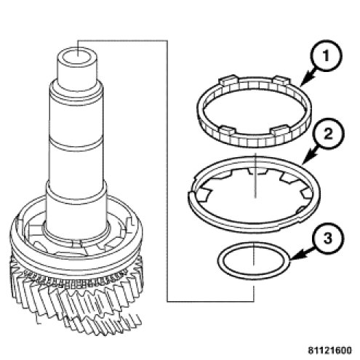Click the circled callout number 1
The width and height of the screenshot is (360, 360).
(326, 56)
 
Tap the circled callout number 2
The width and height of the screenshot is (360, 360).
(327, 134)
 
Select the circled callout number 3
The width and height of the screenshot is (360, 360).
(327, 238)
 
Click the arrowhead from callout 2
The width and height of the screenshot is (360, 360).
(307, 159)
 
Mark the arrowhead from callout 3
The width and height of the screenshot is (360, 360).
(294, 257)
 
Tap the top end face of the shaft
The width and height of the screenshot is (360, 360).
(77, 56)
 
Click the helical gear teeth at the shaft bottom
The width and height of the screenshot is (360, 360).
(76, 300)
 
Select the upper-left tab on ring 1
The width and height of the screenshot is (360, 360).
(228, 80)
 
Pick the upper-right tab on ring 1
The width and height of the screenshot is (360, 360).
(281, 81)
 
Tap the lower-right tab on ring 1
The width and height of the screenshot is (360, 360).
(282, 131)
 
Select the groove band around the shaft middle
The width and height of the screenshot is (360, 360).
(76, 143)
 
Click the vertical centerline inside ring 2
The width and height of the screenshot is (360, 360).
(255, 175)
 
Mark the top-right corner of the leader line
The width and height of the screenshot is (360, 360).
(167, 41)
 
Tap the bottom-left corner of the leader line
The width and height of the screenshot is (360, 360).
(167, 301)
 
